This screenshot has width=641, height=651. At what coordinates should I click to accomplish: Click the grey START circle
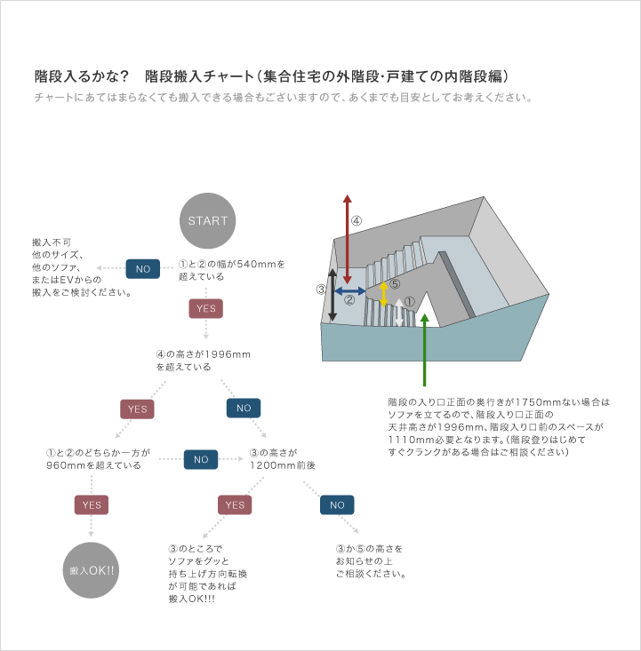click(207, 220)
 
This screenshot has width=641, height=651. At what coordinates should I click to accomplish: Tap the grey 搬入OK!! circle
click(91, 570)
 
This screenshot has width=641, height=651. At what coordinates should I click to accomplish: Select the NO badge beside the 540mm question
click(143, 268)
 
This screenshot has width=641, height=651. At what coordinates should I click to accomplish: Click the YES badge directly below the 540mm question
click(205, 308)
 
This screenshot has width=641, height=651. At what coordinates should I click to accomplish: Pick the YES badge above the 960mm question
click(137, 409)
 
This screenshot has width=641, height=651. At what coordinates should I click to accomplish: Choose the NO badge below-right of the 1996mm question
click(244, 409)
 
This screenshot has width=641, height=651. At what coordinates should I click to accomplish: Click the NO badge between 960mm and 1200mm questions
click(201, 459)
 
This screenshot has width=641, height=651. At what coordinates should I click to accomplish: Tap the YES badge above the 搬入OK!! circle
click(92, 504)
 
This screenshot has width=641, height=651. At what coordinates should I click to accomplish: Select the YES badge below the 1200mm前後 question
click(235, 504)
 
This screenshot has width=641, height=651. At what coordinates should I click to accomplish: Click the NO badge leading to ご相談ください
click(337, 504)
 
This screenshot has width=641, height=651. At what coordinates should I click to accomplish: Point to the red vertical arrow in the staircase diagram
click(348, 239)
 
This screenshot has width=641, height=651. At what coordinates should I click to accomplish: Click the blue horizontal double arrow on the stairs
click(350, 291)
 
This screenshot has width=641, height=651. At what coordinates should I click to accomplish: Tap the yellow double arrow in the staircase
click(384, 294)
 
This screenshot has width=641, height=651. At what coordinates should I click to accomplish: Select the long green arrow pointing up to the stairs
click(424, 350)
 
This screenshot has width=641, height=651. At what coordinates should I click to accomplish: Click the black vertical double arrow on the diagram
click(333, 295)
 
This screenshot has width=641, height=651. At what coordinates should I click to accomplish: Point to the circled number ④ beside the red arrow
click(357, 221)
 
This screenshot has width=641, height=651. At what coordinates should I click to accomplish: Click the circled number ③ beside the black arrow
click(321, 290)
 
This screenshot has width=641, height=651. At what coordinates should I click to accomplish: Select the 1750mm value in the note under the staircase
click(538, 402)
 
